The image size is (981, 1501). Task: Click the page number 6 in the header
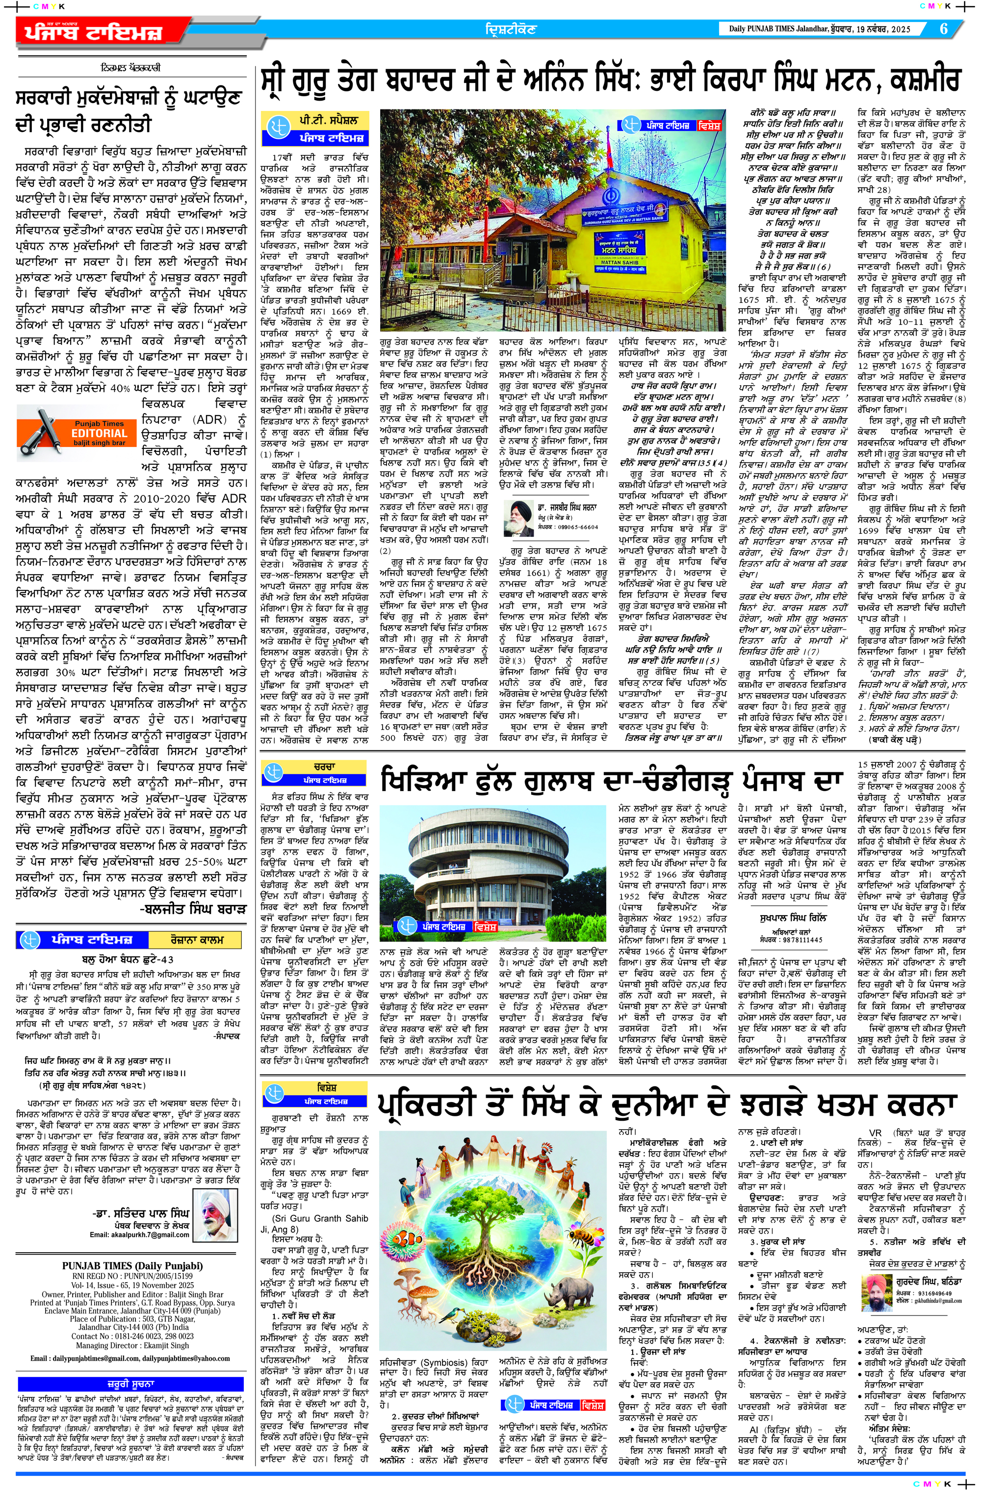click(943, 29)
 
